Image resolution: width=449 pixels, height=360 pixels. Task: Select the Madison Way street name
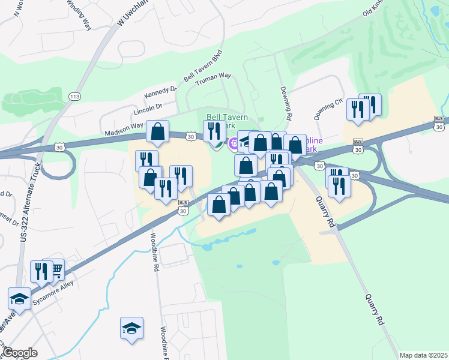(124, 130)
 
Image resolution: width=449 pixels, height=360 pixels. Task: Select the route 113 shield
(75, 96)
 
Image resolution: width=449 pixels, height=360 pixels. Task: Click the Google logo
(19, 353)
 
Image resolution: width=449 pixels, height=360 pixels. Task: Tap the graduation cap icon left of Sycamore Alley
(20, 298)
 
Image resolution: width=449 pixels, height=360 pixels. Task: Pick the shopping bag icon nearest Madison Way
(158, 131)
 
